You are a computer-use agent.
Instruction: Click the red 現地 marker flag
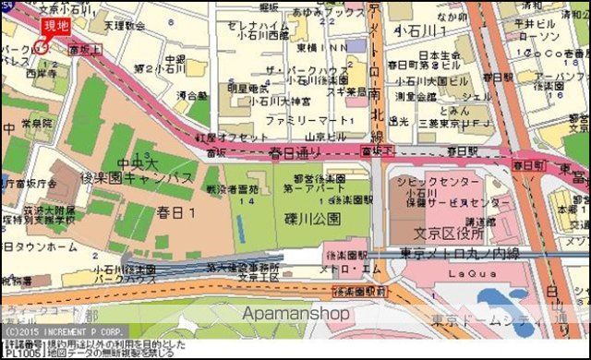(x=54, y=27)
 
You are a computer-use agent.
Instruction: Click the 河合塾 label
(x=191, y=94)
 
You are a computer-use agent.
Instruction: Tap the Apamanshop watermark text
(x=295, y=315)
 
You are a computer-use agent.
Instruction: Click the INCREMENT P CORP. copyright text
(x=69, y=330)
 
